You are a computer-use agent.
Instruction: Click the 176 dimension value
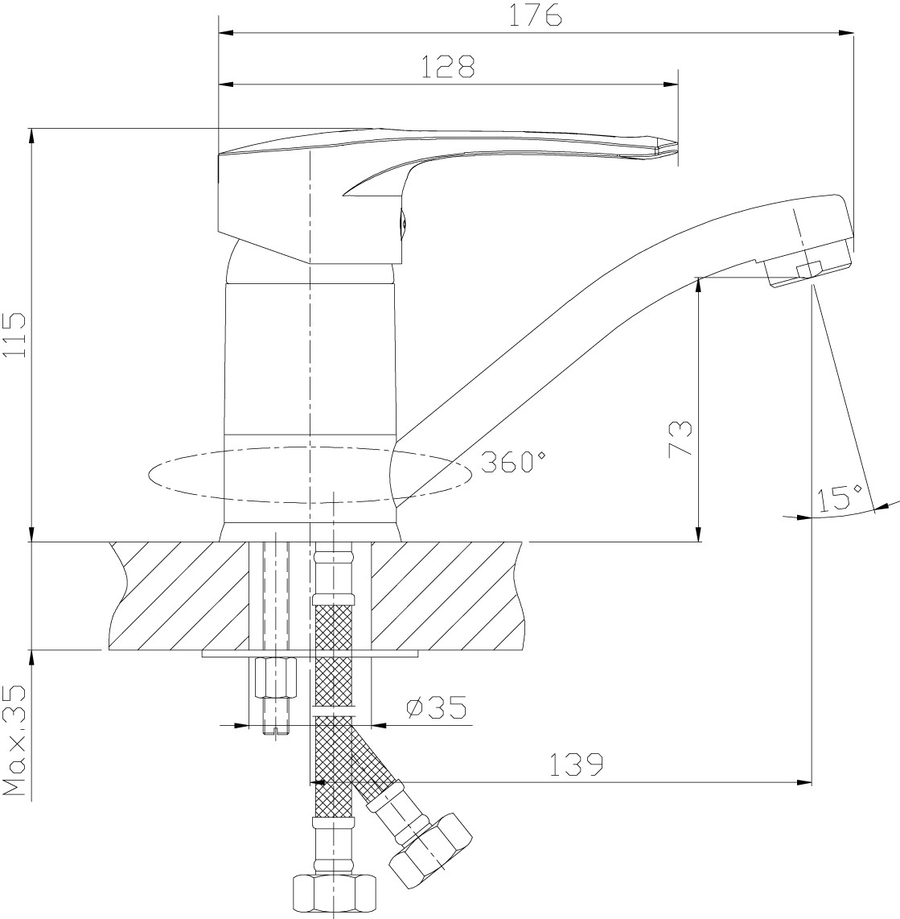pos(534,16)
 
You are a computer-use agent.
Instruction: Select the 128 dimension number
pos(448,67)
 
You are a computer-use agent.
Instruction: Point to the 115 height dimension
pos(14,335)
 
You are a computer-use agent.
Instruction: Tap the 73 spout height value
pos(680,439)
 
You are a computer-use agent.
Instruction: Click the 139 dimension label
pos(575,764)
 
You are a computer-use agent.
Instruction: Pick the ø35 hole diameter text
pos(437,707)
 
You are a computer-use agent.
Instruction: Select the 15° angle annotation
pos(841,497)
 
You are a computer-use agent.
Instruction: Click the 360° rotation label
pos(513,463)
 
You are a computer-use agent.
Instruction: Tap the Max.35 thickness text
pos(14,741)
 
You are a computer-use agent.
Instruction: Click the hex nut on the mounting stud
pos(275,678)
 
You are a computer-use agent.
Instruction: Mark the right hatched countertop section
pos(447,595)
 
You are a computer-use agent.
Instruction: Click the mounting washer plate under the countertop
pos(310,653)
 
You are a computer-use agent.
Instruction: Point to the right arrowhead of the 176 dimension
pos(846,33)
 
